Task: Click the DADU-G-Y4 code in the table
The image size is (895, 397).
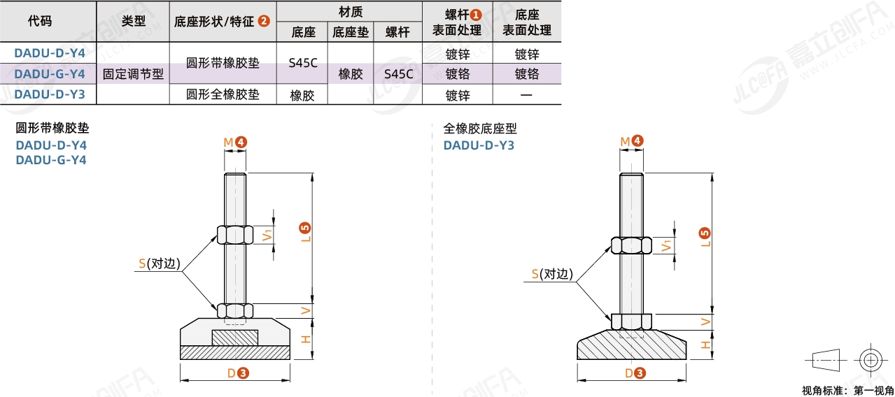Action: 50,74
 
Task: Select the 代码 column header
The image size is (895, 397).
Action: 39,21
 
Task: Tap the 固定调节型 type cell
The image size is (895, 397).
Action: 133,74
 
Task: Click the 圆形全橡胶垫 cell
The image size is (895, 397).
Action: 223,94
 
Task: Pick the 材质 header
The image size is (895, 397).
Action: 350,12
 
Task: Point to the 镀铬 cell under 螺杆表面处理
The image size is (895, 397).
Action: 458,74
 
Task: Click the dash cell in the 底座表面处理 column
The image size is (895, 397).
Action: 526,95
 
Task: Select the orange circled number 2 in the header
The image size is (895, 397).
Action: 264,21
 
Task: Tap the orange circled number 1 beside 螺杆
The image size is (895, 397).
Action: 476,14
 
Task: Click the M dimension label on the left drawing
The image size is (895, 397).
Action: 228,143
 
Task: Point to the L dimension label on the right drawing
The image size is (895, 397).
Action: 705,238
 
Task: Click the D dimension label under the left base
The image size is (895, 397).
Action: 231,373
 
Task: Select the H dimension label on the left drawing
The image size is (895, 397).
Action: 305,339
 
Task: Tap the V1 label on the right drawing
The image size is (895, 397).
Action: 668,245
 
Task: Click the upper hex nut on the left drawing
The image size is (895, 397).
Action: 235,234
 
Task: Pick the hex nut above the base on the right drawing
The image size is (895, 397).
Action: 631,321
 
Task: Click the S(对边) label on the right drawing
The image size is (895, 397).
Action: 551,275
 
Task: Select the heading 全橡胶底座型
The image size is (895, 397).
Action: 480,129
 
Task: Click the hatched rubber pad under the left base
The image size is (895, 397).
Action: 235,353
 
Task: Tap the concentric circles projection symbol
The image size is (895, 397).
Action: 870,361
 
